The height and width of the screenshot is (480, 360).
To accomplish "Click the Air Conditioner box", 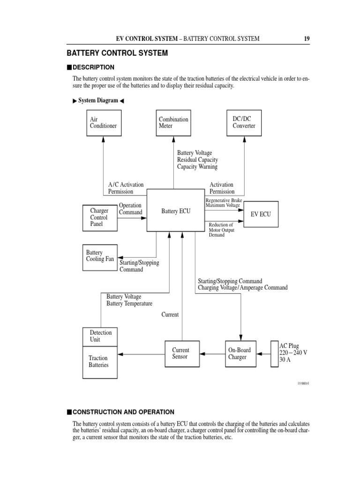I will tap(104, 123).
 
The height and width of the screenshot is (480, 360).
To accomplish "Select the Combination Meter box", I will tap(173, 123).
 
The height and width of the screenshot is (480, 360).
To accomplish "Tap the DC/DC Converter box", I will tap(244, 123).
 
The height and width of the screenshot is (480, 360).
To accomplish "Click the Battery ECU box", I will tap(176, 211).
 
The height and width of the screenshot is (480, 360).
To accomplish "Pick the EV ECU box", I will tap(261, 214).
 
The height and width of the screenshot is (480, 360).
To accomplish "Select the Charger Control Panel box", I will tap(100, 217).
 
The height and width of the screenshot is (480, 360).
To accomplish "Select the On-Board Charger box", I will tap(240, 354).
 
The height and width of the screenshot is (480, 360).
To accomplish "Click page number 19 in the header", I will tap(306, 38).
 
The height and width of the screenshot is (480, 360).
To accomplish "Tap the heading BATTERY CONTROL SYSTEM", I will tap(117, 53).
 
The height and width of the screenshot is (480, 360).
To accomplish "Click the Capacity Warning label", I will tap(197, 166).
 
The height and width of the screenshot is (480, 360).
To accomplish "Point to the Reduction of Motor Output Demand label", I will tap(221, 230).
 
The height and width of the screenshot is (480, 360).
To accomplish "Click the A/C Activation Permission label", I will tap(126, 188).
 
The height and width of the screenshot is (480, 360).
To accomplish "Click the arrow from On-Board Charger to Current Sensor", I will tap(211, 354).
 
